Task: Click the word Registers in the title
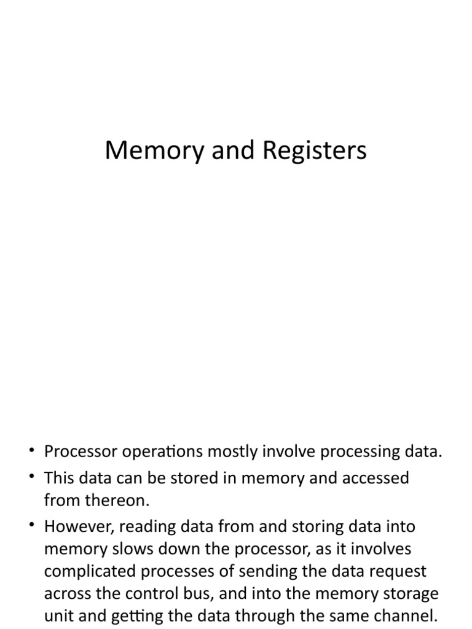pyautogui.click(x=315, y=151)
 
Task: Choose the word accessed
pyautogui.click(x=372, y=478)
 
